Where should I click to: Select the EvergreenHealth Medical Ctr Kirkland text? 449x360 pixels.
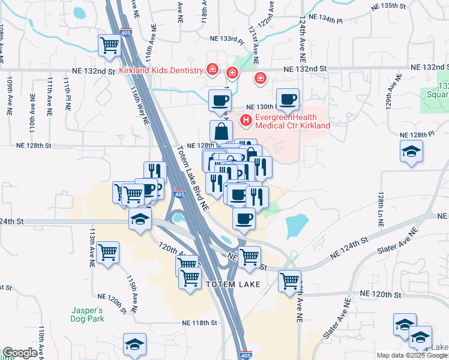(292, 121)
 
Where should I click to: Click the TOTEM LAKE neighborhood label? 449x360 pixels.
(233, 284)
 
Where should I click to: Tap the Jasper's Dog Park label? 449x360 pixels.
(85, 314)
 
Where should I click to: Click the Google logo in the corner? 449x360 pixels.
(20, 353)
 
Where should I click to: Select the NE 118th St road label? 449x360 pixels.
(199, 323)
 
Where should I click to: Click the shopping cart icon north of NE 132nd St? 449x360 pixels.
(109, 44)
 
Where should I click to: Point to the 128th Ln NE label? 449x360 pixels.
(381, 209)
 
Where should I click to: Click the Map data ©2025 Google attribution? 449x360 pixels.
(412, 355)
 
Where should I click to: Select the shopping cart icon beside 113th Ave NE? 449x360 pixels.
(108, 252)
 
